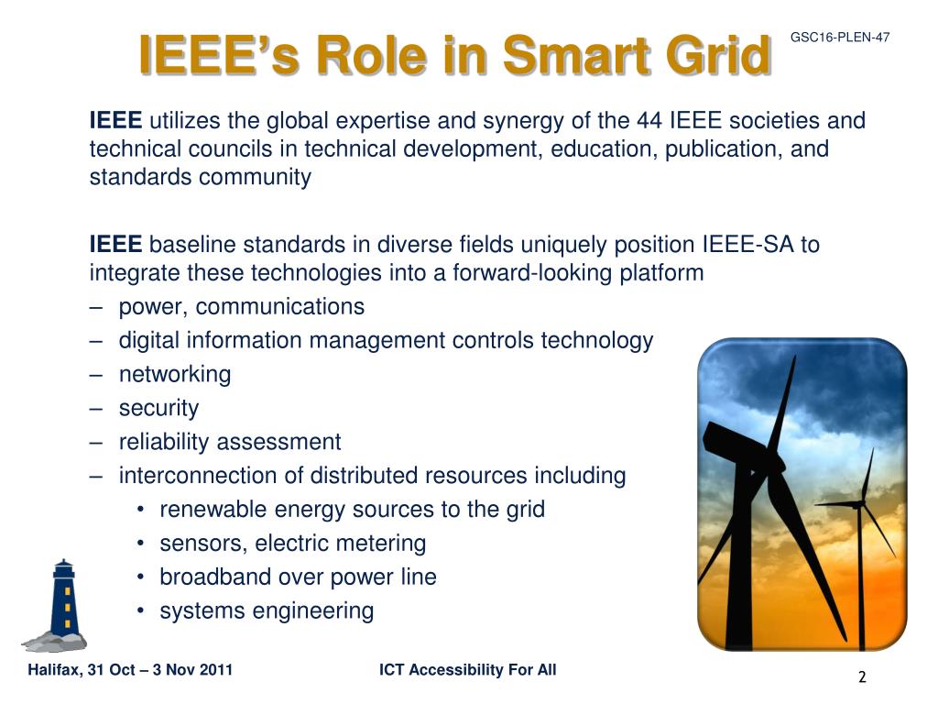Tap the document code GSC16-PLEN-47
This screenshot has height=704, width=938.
[840, 37]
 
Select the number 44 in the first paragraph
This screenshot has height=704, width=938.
[649, 120]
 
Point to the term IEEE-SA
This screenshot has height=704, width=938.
[747, 244]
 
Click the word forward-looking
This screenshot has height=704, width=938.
[532, 273]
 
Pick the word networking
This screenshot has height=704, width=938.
[175, 375]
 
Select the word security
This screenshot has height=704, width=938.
[158, 408]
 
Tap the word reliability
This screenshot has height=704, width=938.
[164, 443]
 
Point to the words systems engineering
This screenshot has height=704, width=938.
[267, 611]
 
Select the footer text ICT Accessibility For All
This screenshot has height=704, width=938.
[468, 669]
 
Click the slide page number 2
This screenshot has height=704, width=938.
[862, 677]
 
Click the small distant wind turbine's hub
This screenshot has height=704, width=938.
[860, 505]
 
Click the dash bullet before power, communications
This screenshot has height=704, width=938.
[96, 307]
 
